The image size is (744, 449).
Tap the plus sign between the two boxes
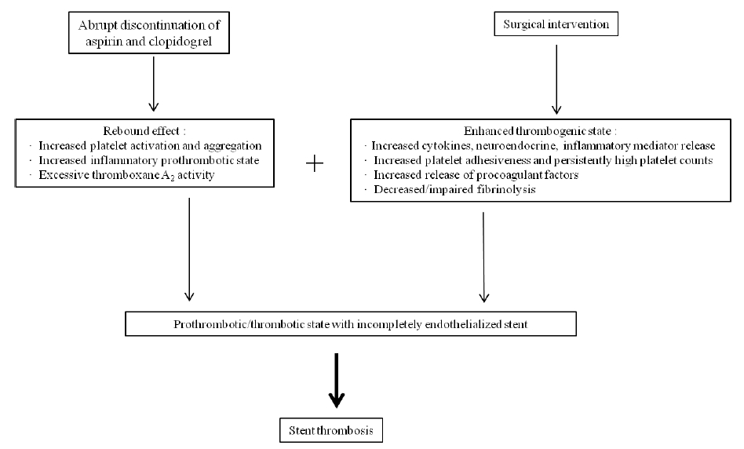tap(315, 164)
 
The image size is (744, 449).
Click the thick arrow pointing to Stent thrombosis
tap(337, 380)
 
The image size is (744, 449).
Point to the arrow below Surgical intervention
tap(556, 79)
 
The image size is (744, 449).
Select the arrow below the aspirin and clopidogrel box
tap(153, 84)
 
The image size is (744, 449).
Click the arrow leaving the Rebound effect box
tap(189, 249)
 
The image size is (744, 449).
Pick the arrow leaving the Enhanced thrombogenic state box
tap(483, 257)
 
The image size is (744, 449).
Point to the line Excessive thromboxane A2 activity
tap(126, 175)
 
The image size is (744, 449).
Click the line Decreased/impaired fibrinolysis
tap(454, 189)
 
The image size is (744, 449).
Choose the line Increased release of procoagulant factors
tap(476, 175)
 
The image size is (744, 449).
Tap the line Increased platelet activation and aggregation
tap(150, 146)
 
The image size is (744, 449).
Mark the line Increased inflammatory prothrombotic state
tap(149, 160)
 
